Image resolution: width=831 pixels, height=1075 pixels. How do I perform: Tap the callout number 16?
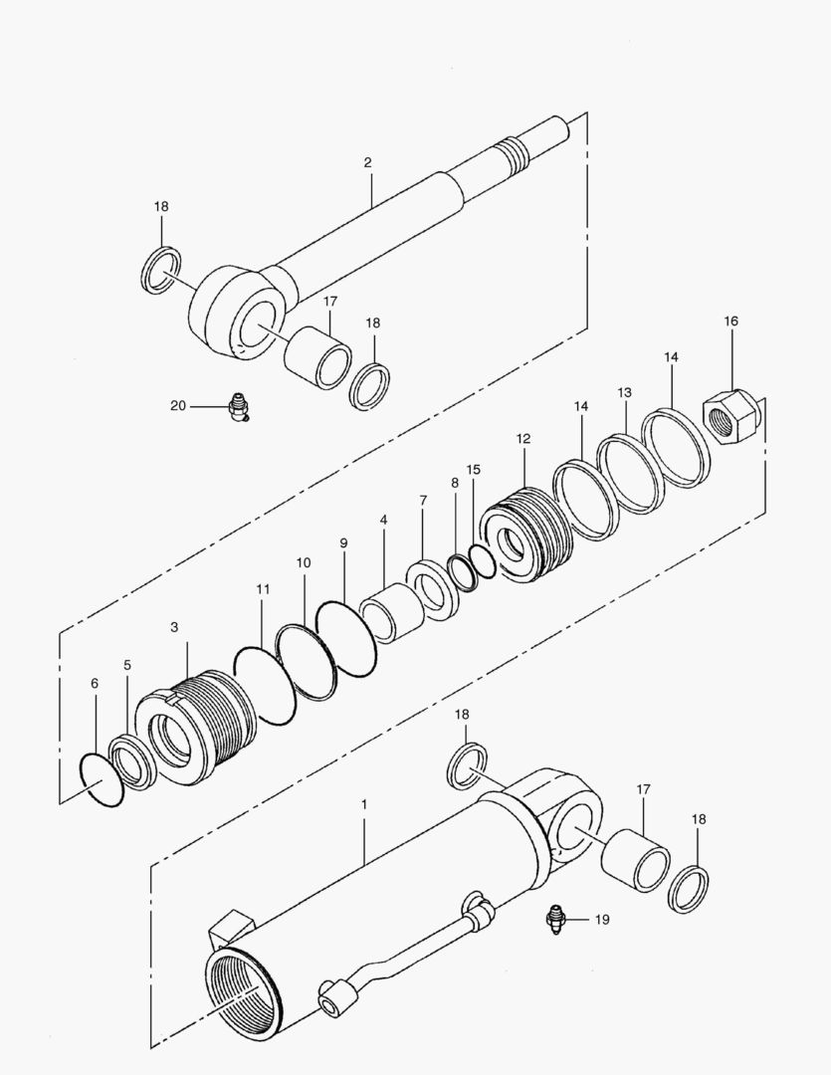click(x=731, y=322)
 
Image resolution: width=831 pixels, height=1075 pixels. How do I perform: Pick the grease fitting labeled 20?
click(x=237, y=406)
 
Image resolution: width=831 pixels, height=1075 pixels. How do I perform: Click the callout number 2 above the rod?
click(x=367, y=162)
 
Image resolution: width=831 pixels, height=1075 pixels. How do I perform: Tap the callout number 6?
click(x=95, y=684)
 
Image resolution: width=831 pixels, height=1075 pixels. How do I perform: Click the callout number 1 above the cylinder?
click(x=364, y=802)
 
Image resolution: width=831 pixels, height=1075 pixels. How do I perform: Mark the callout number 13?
click(x=624, y=393)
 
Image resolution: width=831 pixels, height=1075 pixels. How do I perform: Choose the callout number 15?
click(x=473, y=469)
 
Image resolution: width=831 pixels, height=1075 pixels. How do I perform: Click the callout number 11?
click(x=263, y=589)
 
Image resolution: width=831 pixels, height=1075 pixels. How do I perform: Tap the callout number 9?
click(x=343, y=543)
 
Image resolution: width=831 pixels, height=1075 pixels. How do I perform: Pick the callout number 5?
click(x=126, y=665)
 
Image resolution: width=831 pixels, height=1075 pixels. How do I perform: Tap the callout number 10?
click(x=303, y=562)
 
